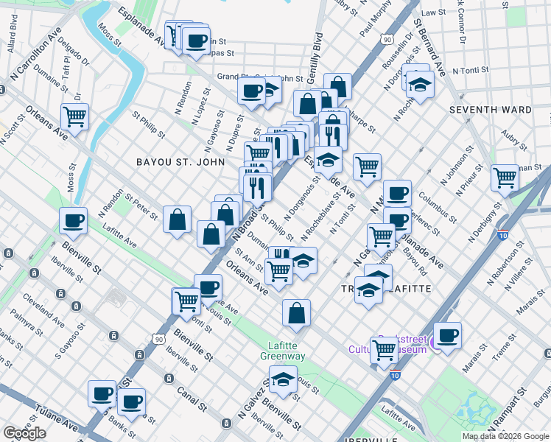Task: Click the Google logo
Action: (x=24, y=433)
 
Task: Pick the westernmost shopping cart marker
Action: (x=75, y=116)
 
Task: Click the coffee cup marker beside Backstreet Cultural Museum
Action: (x=447, y=336)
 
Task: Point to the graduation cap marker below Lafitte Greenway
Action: (x=281, y=380)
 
